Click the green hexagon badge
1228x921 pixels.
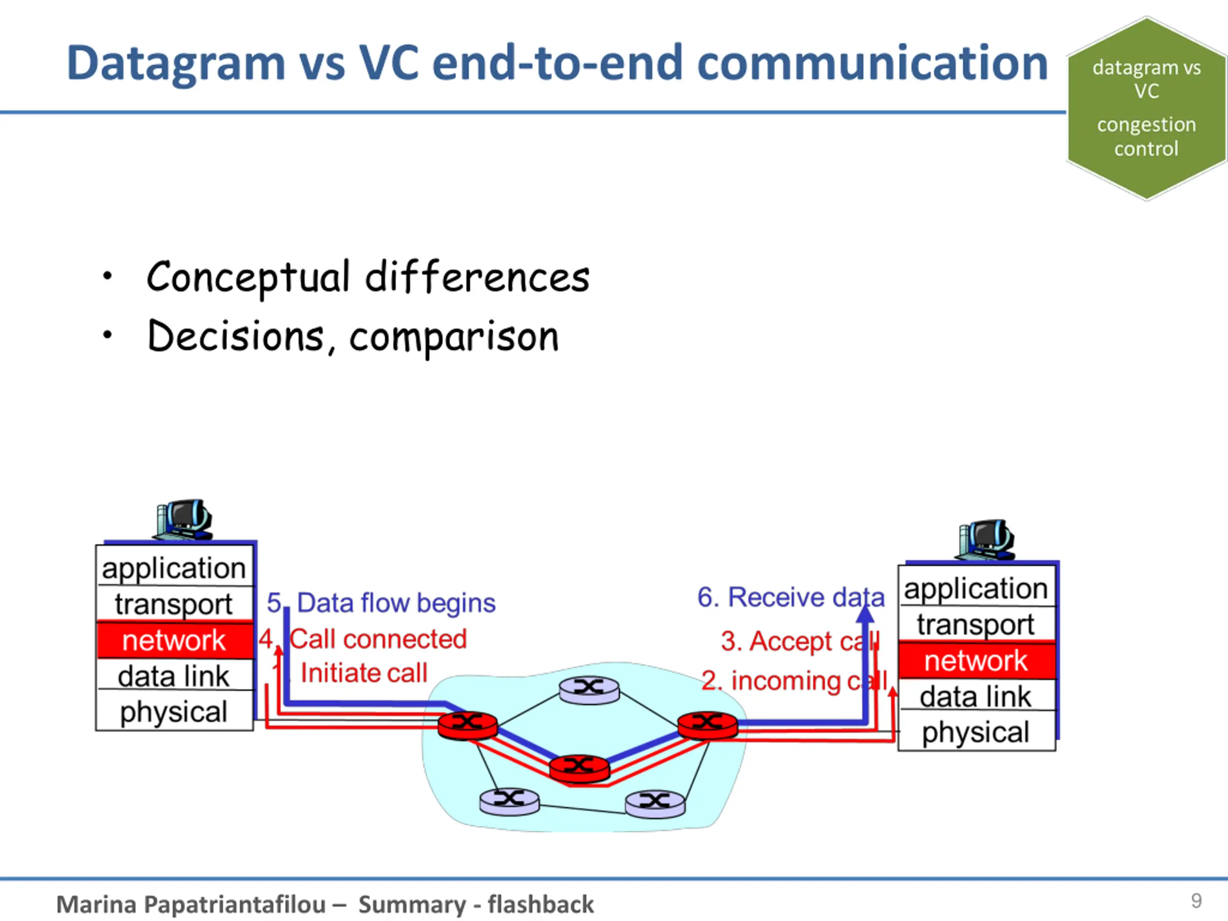point(1146,108)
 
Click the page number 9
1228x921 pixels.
point(1196,900)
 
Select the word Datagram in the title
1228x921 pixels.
point(176,64)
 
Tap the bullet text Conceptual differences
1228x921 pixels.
point(367,277)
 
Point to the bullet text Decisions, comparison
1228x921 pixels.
point(353,336)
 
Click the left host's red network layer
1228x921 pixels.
point(174,640)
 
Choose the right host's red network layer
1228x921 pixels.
point(976,661)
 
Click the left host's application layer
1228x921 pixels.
point(174,568)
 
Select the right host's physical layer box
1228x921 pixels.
point(976,732)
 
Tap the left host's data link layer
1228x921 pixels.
point(174,675)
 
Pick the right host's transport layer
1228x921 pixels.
point(976,625)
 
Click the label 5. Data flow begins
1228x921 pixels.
point(381,603)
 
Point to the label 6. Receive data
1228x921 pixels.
point(791,597)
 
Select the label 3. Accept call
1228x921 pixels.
point(800,641)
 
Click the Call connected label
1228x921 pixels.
point(378,639)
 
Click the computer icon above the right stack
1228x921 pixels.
point(986,539)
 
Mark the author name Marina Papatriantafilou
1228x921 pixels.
point(191,904)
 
